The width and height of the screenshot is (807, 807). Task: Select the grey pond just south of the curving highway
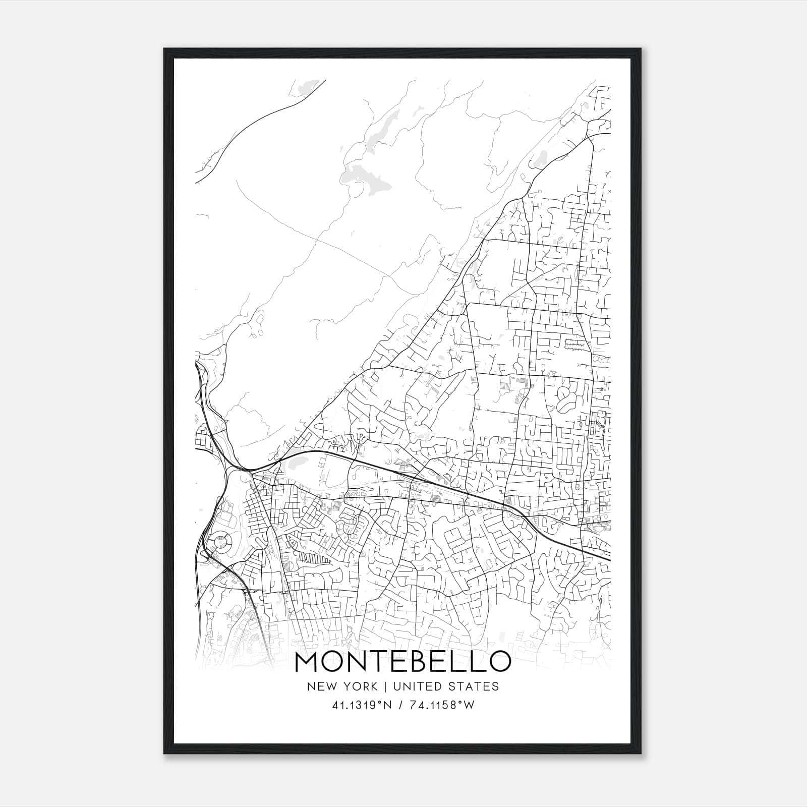tap(294, 462)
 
